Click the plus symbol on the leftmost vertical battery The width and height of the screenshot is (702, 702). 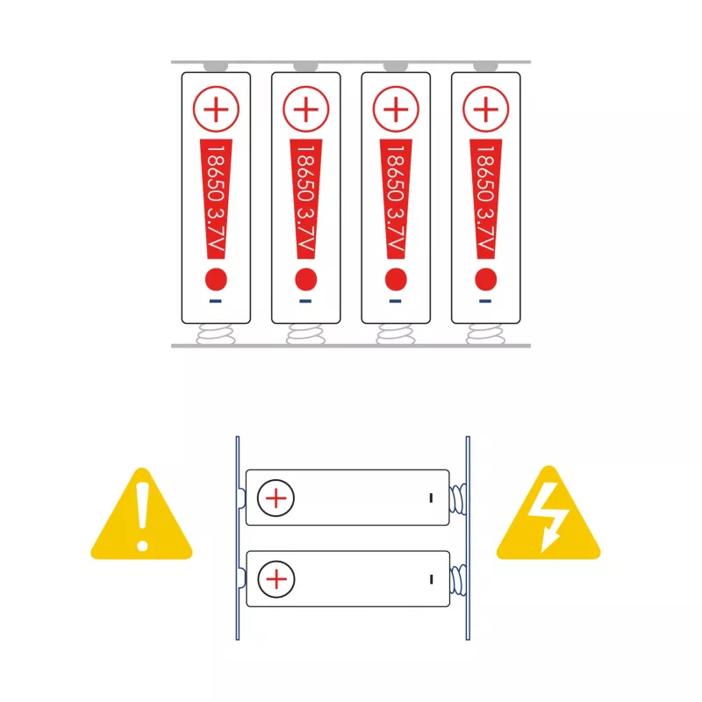click(x=216, y=109)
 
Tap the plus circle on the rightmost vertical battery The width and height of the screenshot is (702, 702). click(x=486, y=109)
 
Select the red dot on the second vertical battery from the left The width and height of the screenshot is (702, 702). click(x=305, y=279)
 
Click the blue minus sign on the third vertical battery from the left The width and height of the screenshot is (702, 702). click(x=396, y=301)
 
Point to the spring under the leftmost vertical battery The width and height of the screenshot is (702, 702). click(x=216, y=334)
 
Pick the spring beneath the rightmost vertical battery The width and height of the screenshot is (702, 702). click(x=486, y=334)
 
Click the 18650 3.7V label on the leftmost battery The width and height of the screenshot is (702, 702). click(x=216, y=199)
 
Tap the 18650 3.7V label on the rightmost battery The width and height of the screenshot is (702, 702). click(x=486, y=199)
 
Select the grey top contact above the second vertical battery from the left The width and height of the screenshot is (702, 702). click(x=305, y=68)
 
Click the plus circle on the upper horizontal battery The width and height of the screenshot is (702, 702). click(x=276, y=498)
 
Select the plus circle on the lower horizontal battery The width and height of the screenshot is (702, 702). click(x=276, y=579)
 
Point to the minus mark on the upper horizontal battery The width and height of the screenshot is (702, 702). click(x=431, y=498)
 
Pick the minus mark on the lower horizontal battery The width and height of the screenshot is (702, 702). click(x=431, y=579)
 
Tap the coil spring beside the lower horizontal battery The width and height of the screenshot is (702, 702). click(x=457, y=580)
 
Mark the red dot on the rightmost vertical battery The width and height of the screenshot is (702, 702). click(x=486, y=279)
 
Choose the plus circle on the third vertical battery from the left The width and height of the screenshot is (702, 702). click(x=396, y=109)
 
